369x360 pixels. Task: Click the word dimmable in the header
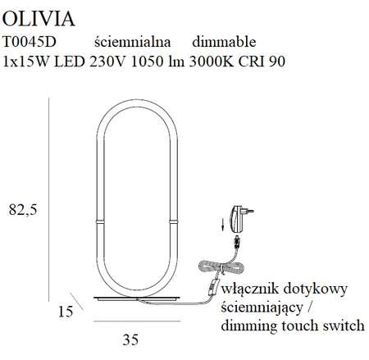click(x=224, y=43)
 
